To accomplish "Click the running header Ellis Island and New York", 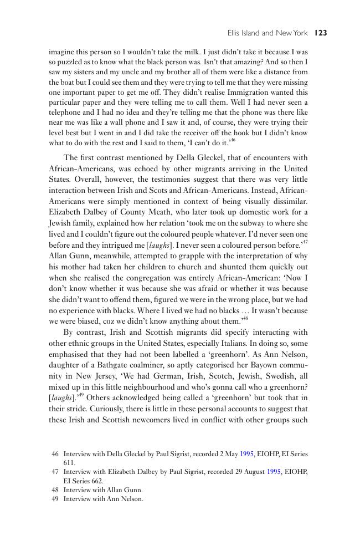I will click(268, 33).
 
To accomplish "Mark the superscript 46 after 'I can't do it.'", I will click(233, 140).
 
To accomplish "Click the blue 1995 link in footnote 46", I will click(246, 454).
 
